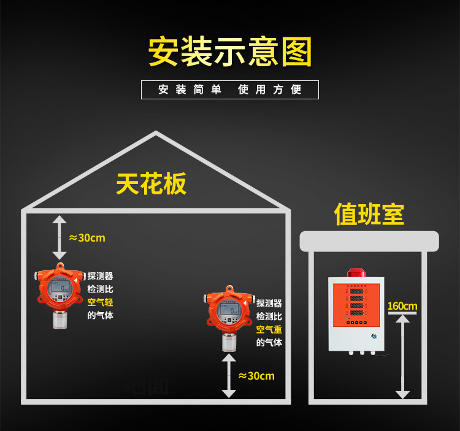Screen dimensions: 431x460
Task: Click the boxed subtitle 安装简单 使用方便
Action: pos(230,90)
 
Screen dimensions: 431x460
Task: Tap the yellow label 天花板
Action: pos(151,183)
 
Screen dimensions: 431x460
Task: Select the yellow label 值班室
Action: pos(369,214)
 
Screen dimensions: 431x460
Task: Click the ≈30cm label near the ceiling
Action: pos(86,238)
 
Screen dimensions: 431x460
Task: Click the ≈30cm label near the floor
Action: pos(256,376)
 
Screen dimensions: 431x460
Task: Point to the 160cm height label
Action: pos(402,306)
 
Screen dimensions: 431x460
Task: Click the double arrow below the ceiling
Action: pos(59,237)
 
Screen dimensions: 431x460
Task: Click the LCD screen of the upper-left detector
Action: pos(59,286)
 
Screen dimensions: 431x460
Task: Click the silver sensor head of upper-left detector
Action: pos(59,318)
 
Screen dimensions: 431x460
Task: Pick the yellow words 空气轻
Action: pos(100,302)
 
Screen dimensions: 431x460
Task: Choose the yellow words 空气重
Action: pos(269,330)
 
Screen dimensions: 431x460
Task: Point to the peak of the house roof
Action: pos(156,133)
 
